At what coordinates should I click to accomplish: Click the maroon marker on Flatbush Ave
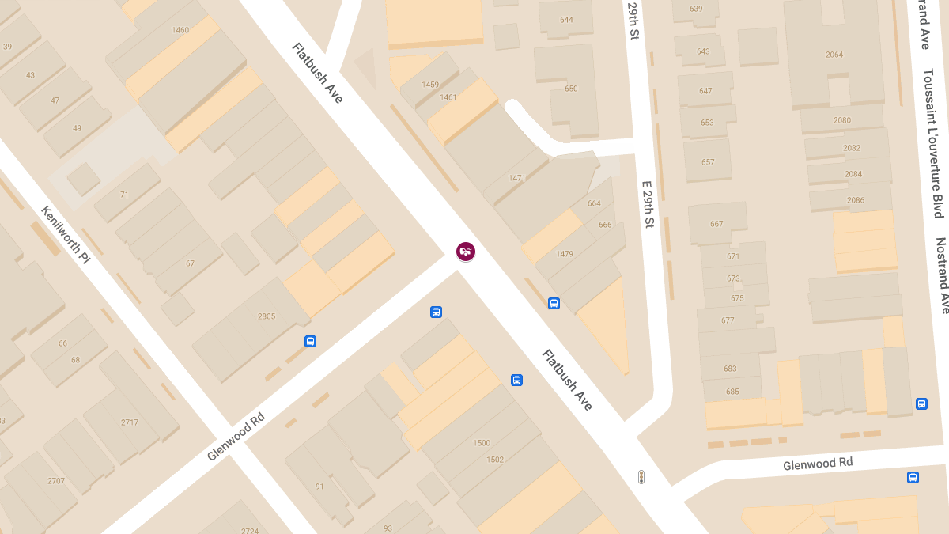click(466, 252)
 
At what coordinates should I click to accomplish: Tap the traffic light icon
click(641, 476)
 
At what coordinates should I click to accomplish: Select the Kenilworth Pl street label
click(67, 235)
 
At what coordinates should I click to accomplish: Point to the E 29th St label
click(647, 204)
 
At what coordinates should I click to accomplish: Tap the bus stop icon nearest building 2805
click(311, 342)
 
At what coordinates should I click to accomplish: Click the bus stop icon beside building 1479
click(554, 303)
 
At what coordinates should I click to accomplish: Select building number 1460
click(180, 31)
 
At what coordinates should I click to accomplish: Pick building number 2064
click(834, 55)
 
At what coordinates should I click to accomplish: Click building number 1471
click(517, 178)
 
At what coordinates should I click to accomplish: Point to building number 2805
click(267, 316)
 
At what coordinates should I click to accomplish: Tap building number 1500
click(482, 443)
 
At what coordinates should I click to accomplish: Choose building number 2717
click(130, 422)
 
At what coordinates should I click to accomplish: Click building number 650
click(571, 89)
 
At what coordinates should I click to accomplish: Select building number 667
click(716, 224)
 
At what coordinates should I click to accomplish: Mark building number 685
click(732, 392)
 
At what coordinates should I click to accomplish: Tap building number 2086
click(856, 200)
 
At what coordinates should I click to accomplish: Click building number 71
click(124, 194)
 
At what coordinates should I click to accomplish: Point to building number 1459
click(430, 85)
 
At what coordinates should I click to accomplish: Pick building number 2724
click(250, 531)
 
